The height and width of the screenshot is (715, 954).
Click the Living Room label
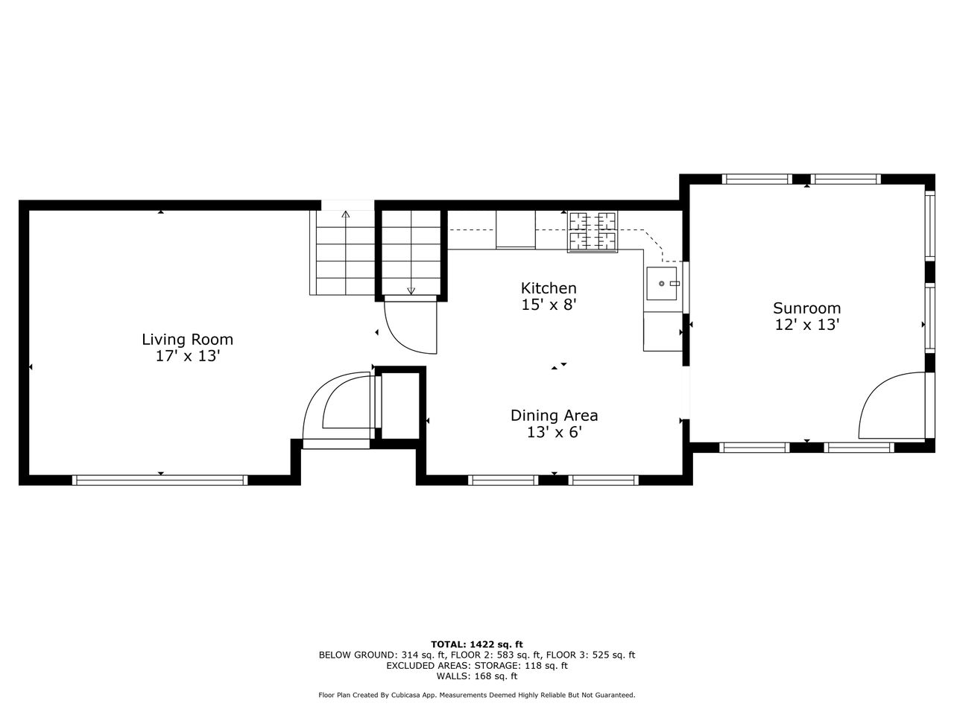pyautogui.click(x=187, y=340)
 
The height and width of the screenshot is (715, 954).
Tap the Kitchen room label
pyautogui.click(x=549, y=288)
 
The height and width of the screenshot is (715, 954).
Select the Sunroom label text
pyautogui.click(x=806, y=308)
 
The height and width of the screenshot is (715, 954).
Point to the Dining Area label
pyautogui.click(x=555, y=416)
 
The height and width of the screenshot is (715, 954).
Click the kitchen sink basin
pyautogui.click(x=662, y=284)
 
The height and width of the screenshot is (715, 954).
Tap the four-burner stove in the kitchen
pyautogui.click(x=593, y=232)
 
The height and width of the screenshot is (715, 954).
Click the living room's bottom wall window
pyautogui.click(x=160, y=480)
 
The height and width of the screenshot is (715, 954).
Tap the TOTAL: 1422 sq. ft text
pyautogui.click(x=477, y=644)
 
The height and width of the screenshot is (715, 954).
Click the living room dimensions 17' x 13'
pyautogui.click(x=188, y=357)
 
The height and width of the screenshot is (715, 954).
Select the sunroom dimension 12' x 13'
pyautogui.click(x=806, y=325)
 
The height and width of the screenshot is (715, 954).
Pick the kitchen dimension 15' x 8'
pyautogui.click(x=549, y=305)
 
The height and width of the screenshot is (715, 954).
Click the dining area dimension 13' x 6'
pyautogui.click(x=555, y=433)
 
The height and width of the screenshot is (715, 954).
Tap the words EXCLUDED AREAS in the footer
pyautogui.click(x=427, y=666)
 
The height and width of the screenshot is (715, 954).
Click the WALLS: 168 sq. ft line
pyautogui.click(x=477, y=676)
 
